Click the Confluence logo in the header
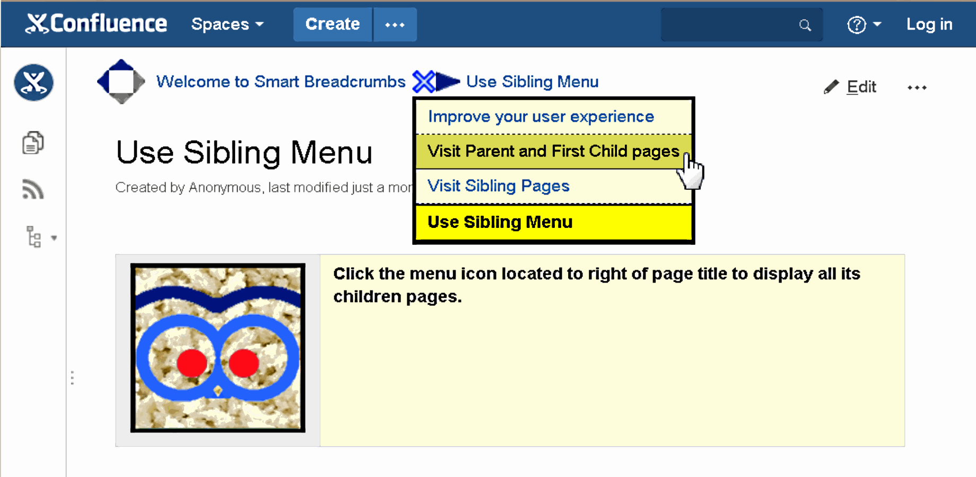96,24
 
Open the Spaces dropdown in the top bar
228,24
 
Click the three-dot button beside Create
395,24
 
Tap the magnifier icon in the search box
805,25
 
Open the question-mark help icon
856,24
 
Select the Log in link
929,24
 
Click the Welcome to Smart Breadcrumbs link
281,82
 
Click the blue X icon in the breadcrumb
424,82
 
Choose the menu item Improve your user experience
541,117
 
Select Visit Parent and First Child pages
553,152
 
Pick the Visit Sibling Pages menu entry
498,186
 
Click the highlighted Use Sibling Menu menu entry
500,222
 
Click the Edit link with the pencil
850,87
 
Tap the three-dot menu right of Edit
917,87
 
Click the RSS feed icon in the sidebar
33,189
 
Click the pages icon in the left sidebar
33,143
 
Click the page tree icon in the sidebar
34,236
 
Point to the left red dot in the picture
192,363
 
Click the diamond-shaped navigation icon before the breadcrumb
121,82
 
